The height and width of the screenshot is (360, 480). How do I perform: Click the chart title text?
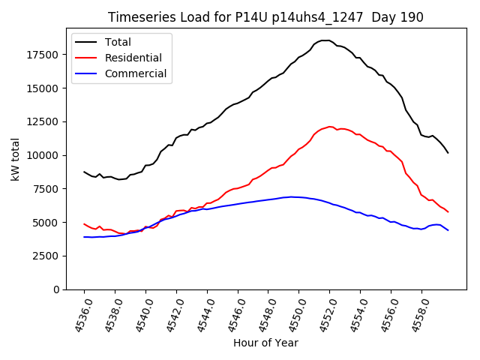pyautogui.click(x=265, y=17)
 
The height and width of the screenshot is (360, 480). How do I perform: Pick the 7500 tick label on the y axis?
pyautogui.click(x=46, y=189)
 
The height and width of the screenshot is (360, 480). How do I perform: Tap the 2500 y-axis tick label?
pyautogui.click(x=46, y=256)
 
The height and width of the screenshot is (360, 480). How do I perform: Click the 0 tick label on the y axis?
pyautogui.click(x=55, y=289)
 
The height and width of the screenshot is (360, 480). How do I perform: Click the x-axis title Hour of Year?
pyautogui.click(x=265, y=343)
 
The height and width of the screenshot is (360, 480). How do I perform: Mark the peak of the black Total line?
pyautogui.click(x=325, y=40)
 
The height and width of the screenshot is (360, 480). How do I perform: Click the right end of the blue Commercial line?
pyautogui.click(x=448, y=230)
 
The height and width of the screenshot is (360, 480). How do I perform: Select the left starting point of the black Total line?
pyautogui.click(x=84, y=172)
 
